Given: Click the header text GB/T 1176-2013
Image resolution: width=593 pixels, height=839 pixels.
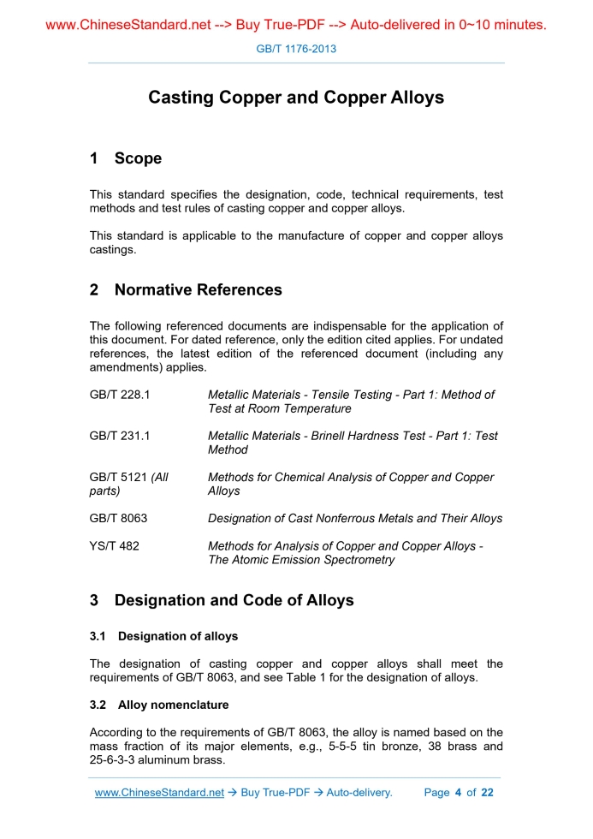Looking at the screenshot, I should click(296, 49).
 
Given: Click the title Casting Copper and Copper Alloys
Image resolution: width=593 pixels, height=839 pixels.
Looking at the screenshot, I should click(296, 98).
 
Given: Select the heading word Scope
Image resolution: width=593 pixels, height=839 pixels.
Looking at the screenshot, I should click(138, 158).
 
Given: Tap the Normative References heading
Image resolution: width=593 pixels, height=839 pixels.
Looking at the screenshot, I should click(198, 290).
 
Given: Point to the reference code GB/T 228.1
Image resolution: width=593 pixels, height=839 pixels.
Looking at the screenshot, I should click(120, 395).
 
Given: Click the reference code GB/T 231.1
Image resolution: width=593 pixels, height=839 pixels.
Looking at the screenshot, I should click(120, 436).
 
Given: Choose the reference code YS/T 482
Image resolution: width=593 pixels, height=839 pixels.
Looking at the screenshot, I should click(114, 546).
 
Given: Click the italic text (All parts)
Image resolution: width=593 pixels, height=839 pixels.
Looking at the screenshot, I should click(128, 485).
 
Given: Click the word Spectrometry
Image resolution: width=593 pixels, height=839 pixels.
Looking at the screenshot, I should click(359, 560).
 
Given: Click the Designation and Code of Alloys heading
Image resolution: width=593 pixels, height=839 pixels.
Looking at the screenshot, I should click(234, 600).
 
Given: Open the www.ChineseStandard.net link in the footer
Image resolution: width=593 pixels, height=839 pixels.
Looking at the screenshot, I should click(159, 793).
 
